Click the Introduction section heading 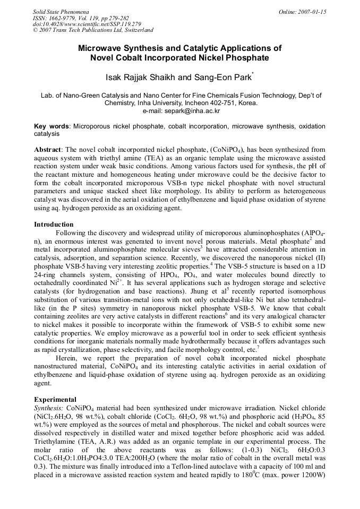(54, 225)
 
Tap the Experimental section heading (55, 399)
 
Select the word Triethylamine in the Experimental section (56, 442)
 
